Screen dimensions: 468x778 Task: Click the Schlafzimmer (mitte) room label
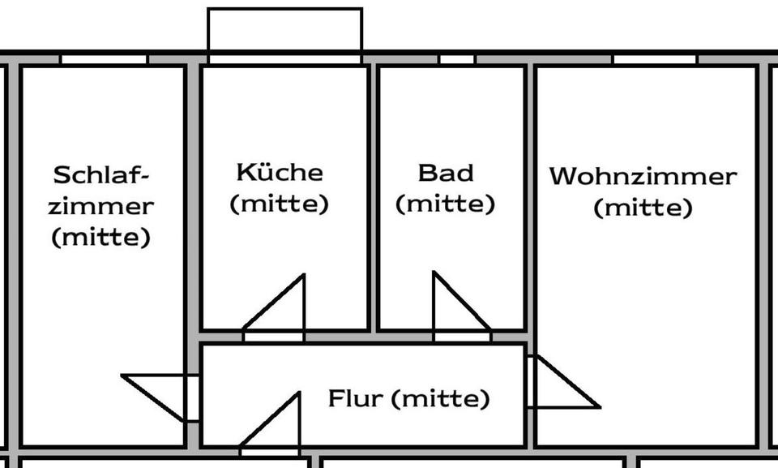(x=100, y=206)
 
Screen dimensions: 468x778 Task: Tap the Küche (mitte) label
(x=280, y=188)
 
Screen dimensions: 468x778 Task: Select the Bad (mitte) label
(x=445, y=188)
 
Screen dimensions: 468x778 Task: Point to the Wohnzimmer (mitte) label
(x=643, y=192)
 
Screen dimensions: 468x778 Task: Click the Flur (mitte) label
(x=408, y=399)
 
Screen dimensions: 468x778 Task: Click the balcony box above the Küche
(x=284, y=30)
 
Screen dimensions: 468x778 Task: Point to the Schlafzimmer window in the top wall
(x=104, y=59)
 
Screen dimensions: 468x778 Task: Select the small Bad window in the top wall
(x=457, y=59)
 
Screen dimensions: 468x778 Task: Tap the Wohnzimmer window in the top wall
(x=654, y=59)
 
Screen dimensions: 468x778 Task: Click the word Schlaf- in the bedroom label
(x=102, y=175)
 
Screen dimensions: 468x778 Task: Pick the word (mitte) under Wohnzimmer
(x=643, y=208)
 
